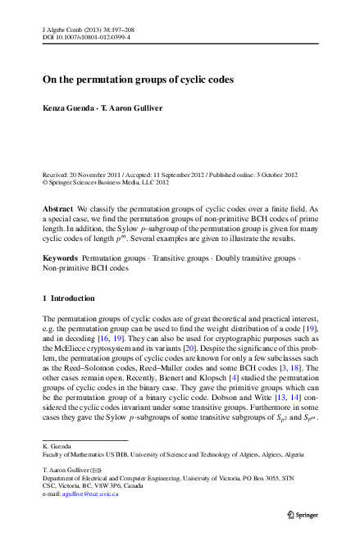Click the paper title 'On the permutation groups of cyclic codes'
[139, 80]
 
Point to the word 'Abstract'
[57, 210]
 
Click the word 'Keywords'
[60, 257]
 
